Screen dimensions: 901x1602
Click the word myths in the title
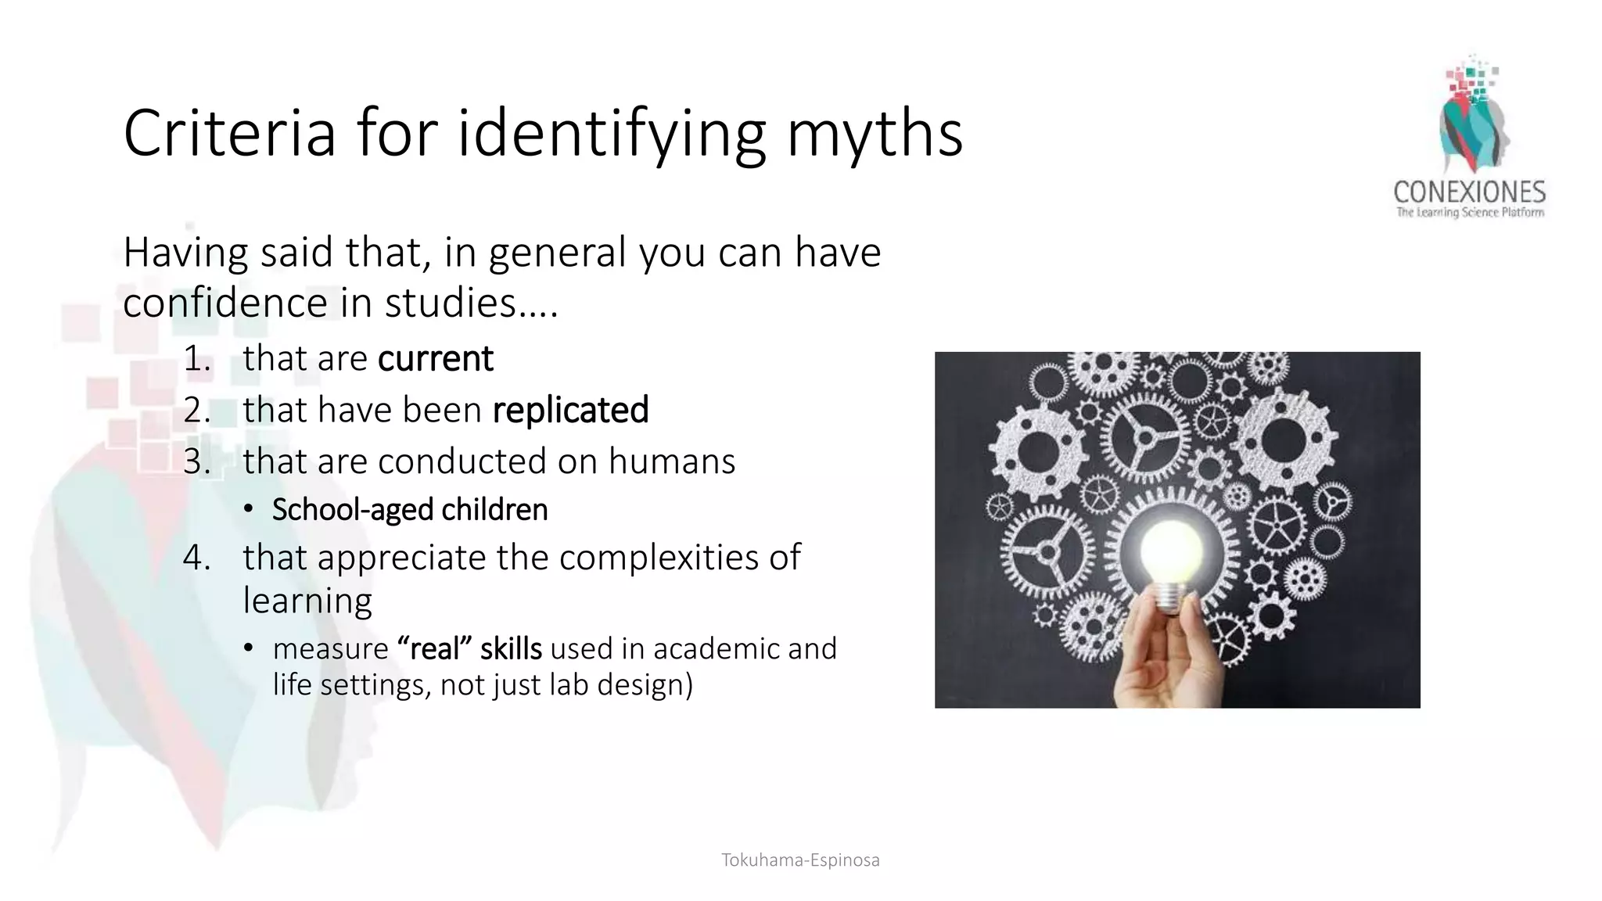click(x=874, y=135)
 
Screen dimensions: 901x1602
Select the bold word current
click(x=435, y=359)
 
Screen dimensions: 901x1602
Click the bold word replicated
click(x=570, y=411)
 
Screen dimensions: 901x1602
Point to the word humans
click(x=672, y=461)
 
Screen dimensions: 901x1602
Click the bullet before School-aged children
click(x=248, y=510)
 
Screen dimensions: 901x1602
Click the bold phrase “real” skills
click(x=469, y=649)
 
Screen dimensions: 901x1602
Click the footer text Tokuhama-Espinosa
click(x=800, y=860)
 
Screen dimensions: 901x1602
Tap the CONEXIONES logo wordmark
click(x=1469, y=192)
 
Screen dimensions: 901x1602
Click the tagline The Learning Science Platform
click(x=1470, y=213)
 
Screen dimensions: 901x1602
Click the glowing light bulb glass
click(x=1170, y=548)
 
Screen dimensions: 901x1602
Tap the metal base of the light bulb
click(x=1168, y=598)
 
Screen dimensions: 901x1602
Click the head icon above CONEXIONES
click(x=1473, y=117)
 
